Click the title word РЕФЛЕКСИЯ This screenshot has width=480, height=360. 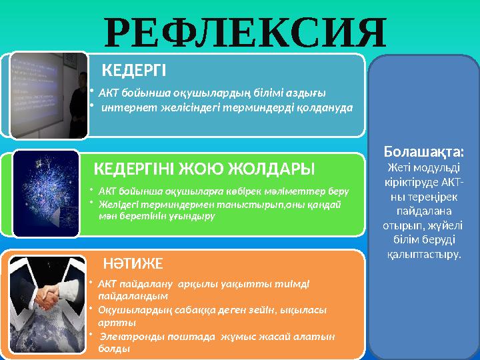[246, 30]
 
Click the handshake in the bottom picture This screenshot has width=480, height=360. [50, 296]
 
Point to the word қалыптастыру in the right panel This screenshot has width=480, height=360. [423, 254]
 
